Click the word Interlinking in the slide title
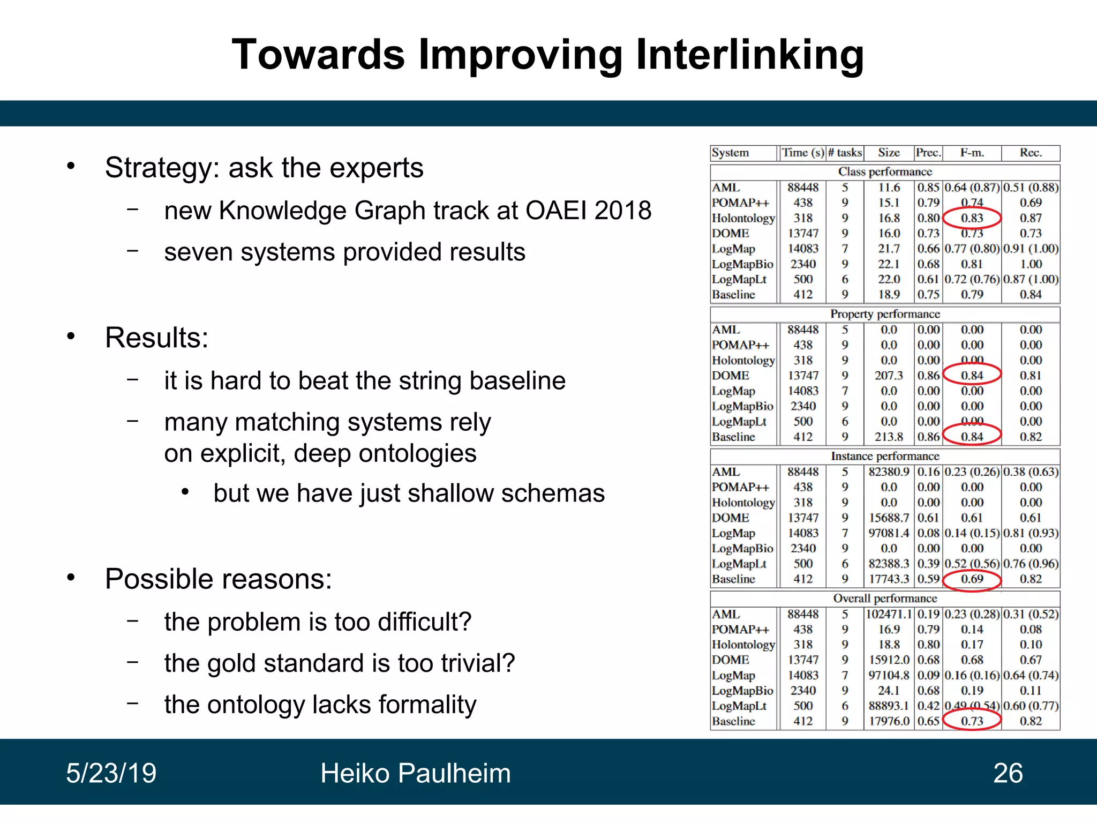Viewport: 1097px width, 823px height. pos(750,55)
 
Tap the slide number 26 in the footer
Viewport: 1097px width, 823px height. pos(1008,773)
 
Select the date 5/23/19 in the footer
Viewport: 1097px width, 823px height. pos(111,773)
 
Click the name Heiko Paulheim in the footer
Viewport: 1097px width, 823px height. pos(415,773)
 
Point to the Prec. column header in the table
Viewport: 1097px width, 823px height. pos(928,153)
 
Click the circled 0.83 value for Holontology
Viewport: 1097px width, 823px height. pos(972,218)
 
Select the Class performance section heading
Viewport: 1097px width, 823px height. pos(885,171)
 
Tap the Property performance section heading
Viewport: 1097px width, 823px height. pos(885,314)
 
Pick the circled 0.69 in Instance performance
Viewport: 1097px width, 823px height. pos(972,579)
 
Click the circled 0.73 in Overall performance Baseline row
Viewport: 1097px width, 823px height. pos(972,721)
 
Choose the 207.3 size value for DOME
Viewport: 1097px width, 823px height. pos(889,376)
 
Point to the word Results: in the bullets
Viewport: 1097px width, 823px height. pos(156,338)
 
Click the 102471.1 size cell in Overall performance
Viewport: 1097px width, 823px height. pos(889,615)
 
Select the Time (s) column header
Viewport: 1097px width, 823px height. pos(802,153)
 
